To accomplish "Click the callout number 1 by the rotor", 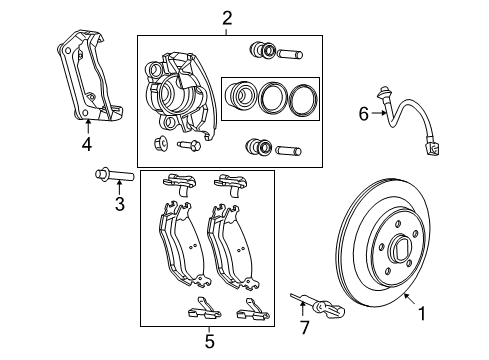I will [x=421, y=313].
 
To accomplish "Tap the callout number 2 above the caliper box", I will [x=227, y=17].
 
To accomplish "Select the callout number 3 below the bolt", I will [x=118, y=206].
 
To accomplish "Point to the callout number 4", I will [x=87, y=143].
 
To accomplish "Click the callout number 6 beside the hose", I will [x=364, y=114].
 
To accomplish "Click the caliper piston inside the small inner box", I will [x=240, y=96].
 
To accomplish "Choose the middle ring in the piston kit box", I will [x=271, y=97].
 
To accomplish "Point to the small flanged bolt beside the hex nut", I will [x=190, y=146].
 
